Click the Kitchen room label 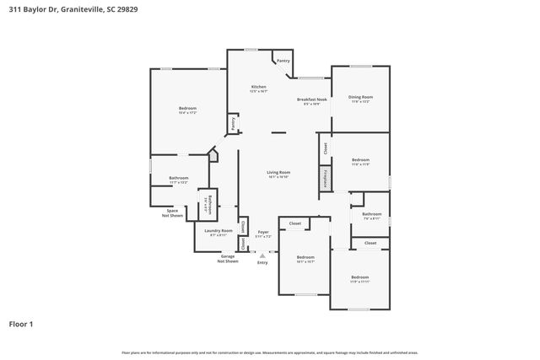click(259, 89)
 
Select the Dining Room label click(361, 99)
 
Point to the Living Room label click(278, 174)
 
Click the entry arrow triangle click(263, 255)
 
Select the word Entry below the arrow click(263, 262)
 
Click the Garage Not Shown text click(228, 259)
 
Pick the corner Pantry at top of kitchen click(283, 61)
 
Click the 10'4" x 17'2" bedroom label click(187, 110)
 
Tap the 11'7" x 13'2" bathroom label click(178, 180)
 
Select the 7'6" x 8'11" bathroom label click(372, 216)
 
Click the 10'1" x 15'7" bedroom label click(305, 259)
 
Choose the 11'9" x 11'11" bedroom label click(360, 279)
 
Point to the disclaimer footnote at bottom click(269, 352)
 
